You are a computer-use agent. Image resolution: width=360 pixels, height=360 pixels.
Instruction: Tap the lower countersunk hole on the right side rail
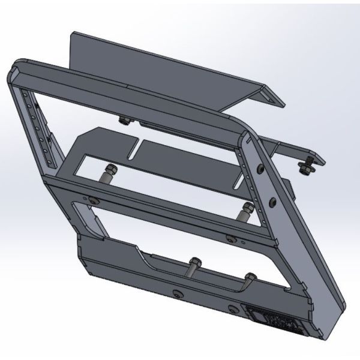pos(273,200)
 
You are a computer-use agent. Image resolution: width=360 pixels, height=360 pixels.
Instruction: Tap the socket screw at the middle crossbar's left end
pos(94,200)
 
